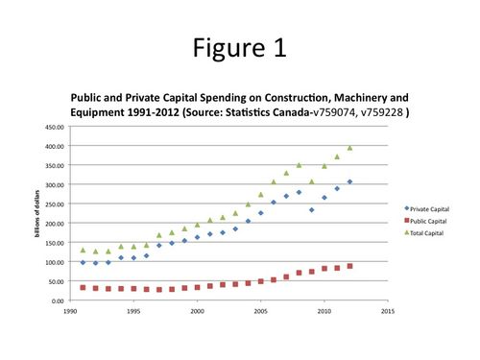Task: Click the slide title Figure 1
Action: (240, 46)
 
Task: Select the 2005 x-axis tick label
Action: (261, 311)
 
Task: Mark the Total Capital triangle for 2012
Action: (349, 148)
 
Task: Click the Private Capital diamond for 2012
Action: (349, 181)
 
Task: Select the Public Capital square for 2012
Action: (349, 266)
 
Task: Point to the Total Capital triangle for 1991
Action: (83, 250)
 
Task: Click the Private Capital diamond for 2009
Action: (311, 210)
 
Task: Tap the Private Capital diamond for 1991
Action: (83, 262)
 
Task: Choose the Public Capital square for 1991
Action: (83, 287)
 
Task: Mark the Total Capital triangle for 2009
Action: (311, 181)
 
